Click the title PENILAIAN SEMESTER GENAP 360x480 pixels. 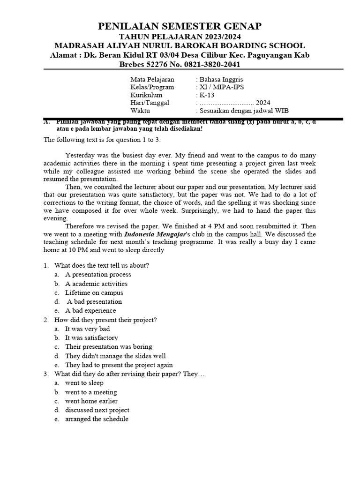(x=180, y=26)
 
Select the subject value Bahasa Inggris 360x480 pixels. (x=220, y=80)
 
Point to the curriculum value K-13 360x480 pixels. (x=206, y=95)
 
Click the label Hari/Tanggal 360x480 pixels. (x=150, y=103)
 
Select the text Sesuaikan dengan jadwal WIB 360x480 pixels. (x=243, y=111)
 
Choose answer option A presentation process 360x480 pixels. (x=98, y=275)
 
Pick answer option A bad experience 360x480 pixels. (x=90, y=310)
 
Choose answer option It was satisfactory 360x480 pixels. (x=91, y=337)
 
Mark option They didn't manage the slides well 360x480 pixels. (x=115, y=356)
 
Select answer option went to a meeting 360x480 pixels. (x=91, y=392)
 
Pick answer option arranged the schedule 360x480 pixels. (x=97, y=419)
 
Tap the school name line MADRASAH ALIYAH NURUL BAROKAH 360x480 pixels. (x=180, y=46)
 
